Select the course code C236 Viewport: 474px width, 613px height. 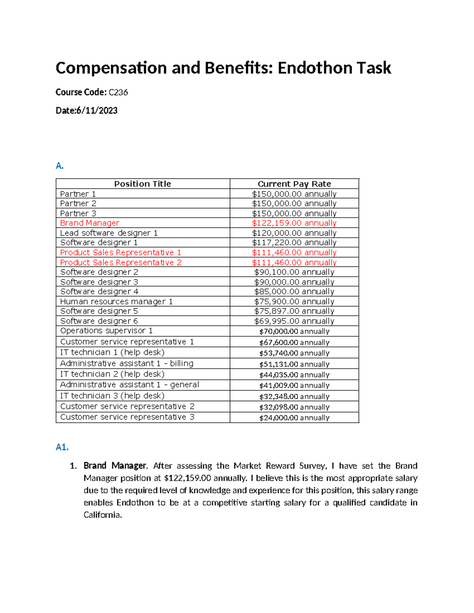pos(118,92)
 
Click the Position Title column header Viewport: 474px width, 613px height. pos(143,184)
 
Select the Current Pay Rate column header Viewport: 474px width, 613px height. pos(294,184)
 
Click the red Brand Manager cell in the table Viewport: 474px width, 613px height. pos(90,223)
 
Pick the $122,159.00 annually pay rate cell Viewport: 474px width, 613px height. pos(294,223)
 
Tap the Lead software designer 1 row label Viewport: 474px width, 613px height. pos(109,233)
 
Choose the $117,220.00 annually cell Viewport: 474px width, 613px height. pos(294,243)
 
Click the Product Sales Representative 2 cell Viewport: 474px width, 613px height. pos(121,262)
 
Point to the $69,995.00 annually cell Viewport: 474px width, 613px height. pos(294,321)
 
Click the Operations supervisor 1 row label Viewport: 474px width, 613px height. pos(106,331)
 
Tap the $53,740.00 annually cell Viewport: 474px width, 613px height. pos(294,353)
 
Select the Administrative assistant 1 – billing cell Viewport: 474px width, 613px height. pos(127,364)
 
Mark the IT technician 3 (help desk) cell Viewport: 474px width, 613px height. pos(112,396)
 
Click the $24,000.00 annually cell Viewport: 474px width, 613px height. pos(294,418)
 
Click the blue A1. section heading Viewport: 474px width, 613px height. pos(62,447)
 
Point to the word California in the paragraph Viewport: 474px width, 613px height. pos(102,515)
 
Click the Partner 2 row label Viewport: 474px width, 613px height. pos(78,204)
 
